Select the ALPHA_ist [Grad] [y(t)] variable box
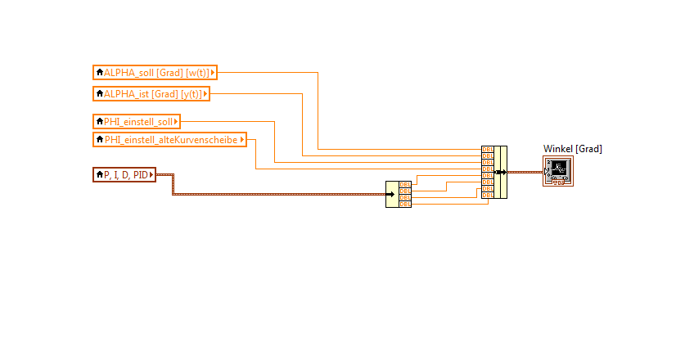(x=152, y=94)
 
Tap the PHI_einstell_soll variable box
(x=137, y=122)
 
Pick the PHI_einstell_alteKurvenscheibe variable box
(x=170, y=140)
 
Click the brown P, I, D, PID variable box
(x=124, y=173)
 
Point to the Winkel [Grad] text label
(x=572, y=148)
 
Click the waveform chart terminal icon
(x=557, y=171)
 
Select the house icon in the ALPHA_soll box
(x=100, y=72)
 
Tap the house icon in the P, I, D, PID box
(x=100, y=173)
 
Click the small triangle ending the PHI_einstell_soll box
(x=176, y=122)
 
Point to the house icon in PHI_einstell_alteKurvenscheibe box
(x=100, y=140)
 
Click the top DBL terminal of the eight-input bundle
(x=487, y=150)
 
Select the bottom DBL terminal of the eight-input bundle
(x=487, y=196)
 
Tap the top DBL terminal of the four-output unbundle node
(x=404, y=184)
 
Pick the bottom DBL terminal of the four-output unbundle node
(x=404, y=204)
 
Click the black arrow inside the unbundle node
(x=391, y=194)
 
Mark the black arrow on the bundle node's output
(x=501, y=173)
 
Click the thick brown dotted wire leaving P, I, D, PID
(x=278, y=194)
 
